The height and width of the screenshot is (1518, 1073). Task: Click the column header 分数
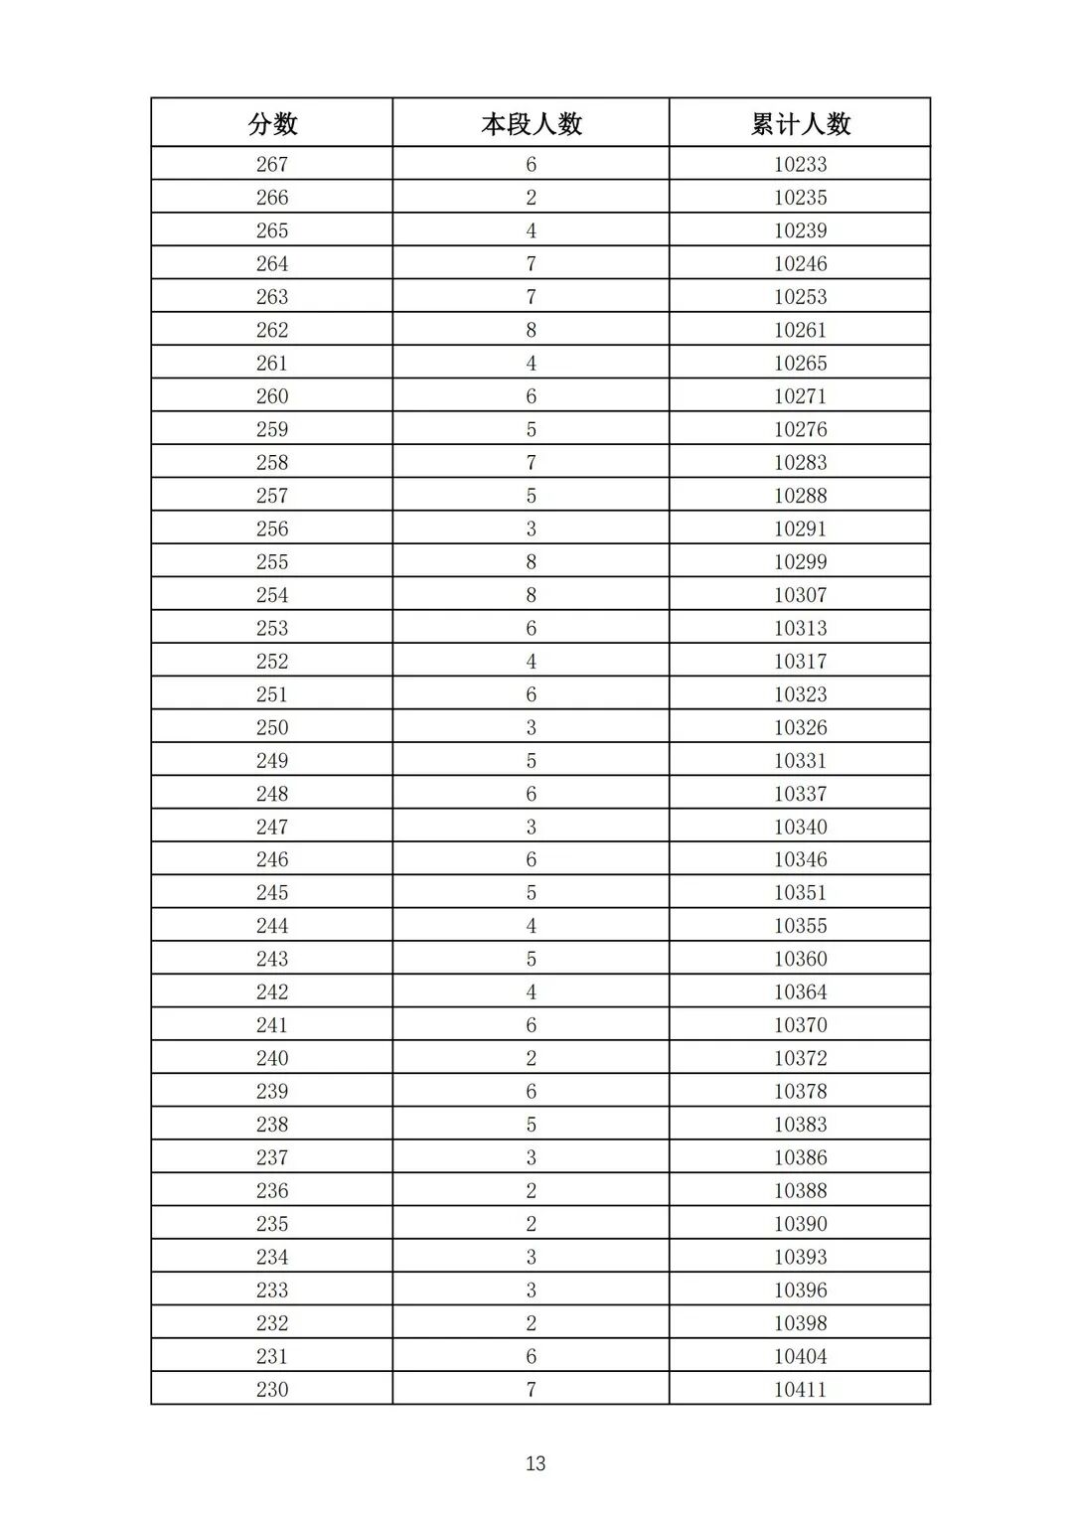click(272, 124)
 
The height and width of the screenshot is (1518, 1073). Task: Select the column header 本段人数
click(531, 124)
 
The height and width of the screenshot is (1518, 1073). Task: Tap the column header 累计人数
click(800, 124)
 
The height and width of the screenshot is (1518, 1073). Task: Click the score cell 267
click(272, 165)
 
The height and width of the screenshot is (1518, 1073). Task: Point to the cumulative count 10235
click(800, 198)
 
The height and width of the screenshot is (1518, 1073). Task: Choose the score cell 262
click(272, 330)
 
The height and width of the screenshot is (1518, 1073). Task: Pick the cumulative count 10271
click(800, 396)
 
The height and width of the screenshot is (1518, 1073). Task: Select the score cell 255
click(272, 562)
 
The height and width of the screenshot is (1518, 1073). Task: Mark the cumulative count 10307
click(800, 595)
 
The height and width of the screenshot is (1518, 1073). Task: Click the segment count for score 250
click(531, 727)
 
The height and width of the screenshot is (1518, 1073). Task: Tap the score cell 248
click(272, 794)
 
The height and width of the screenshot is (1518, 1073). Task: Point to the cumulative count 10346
click(800, 859)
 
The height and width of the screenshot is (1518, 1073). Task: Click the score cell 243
click(272, 959)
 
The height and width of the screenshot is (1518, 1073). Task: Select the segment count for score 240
click(531, 1058)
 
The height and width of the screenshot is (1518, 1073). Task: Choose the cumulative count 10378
click(800, 1091)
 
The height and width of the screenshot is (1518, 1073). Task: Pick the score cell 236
click(272, 1190)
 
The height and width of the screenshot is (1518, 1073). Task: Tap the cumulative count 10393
click(800, 1257)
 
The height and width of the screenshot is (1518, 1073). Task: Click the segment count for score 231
click(531, 1356)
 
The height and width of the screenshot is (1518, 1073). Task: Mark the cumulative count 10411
click(800, 1389)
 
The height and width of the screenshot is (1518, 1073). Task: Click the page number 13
click(536, 1463)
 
